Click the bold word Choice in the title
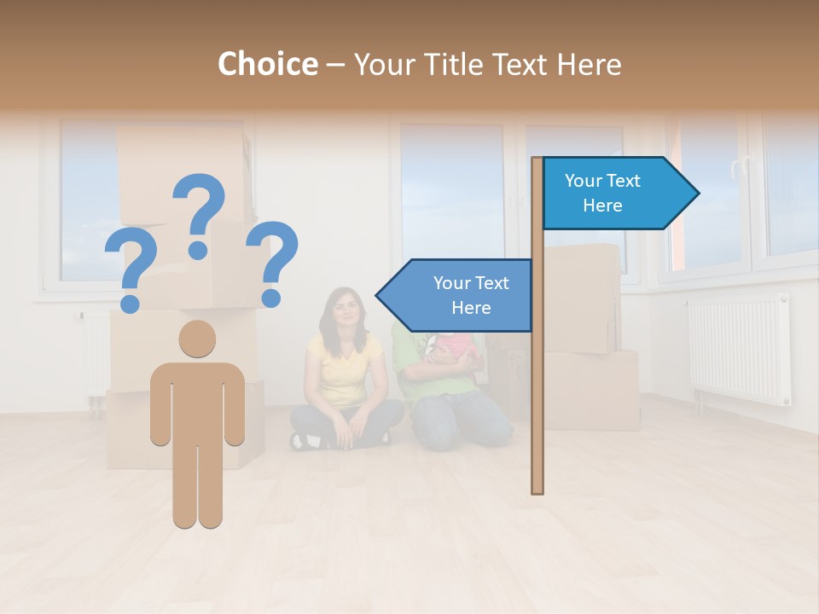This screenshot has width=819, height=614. [267, 64]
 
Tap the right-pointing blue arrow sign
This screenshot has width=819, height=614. [614, 194]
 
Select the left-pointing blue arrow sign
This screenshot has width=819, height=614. [461, 295]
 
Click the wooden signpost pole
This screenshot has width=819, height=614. [537, 384]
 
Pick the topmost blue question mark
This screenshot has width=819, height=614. [199, 213]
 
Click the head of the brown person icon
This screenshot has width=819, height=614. [197, 339]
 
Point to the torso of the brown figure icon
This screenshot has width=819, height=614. [197, 401]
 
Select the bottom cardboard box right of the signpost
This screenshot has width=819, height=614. [590, 390]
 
